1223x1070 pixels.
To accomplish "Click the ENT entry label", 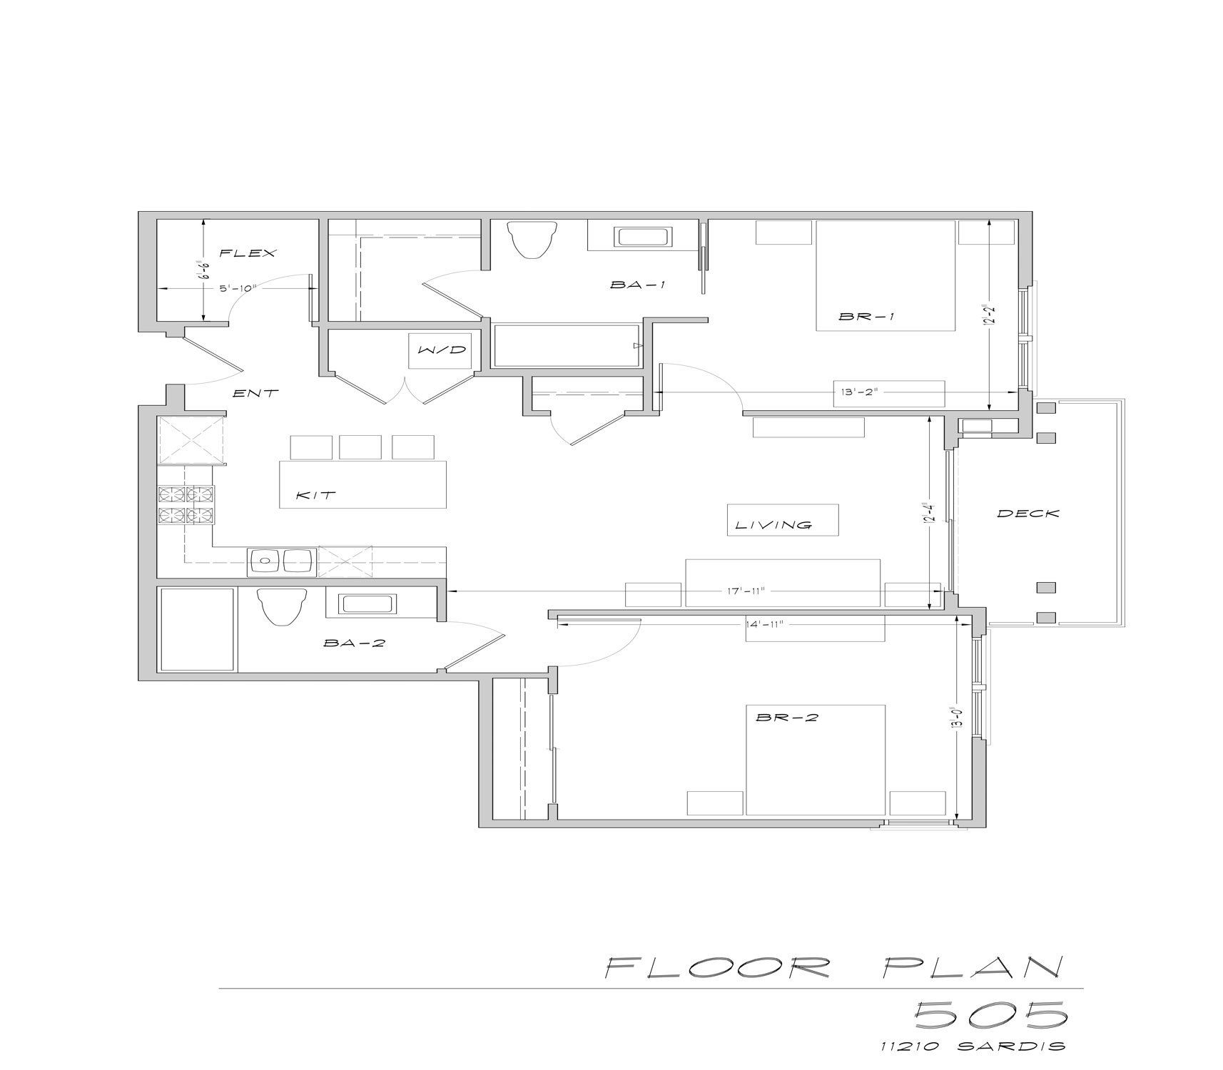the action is (x=256, y=393).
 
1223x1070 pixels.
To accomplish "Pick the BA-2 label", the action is (x=354, y=643).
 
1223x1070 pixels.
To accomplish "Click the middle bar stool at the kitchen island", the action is (x=360, y=447).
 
